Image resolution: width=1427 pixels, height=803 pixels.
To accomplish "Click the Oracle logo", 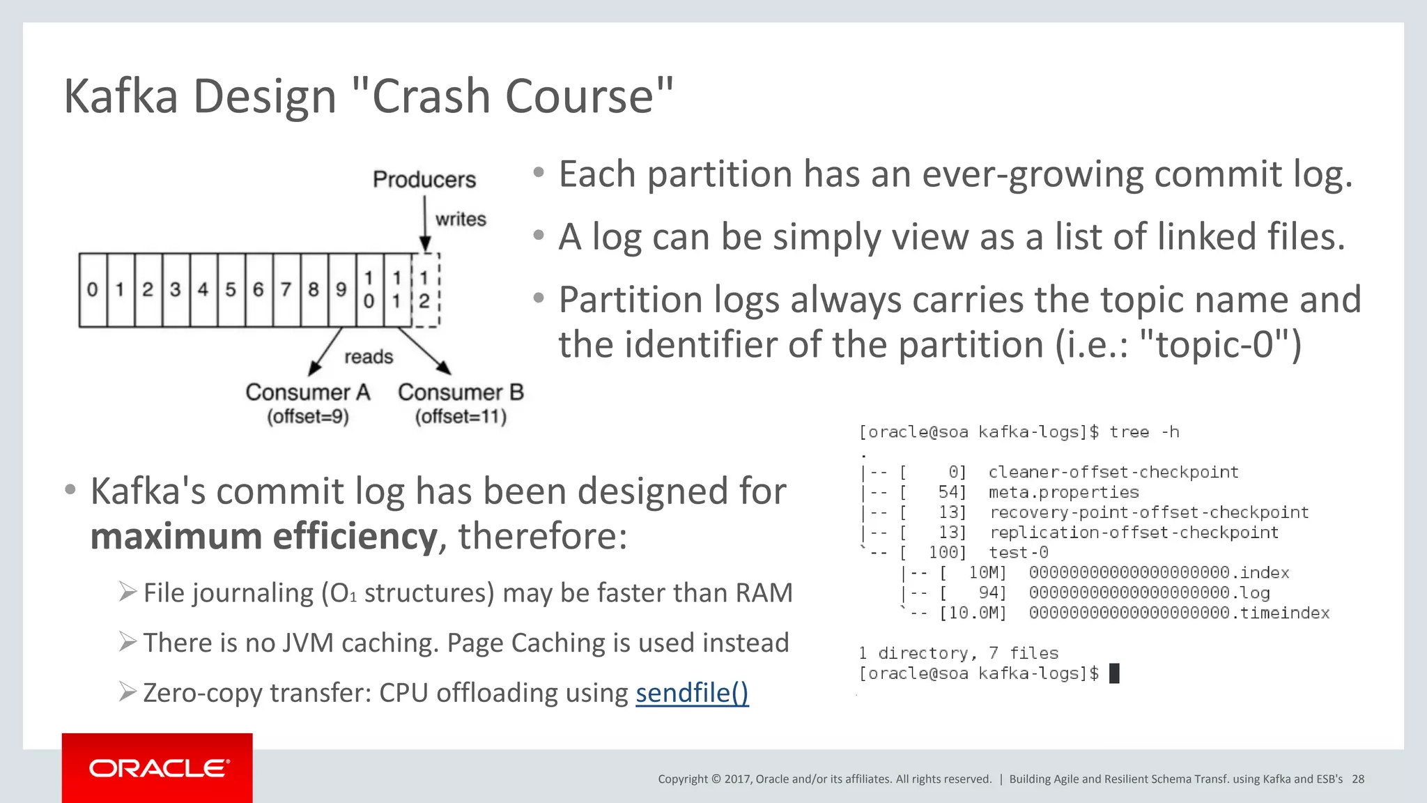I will click(x=157, y=768).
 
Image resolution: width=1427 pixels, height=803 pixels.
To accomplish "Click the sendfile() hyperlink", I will click(x=692, y=693).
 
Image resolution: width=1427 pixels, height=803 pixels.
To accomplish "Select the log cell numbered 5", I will click(x=231, y=289).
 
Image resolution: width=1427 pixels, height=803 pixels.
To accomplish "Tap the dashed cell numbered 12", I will click(x=425, y=290).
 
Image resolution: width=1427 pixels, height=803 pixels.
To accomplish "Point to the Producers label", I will click(x=424, y=180).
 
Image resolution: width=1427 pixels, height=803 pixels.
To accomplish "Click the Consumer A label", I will click(x=307, y=392).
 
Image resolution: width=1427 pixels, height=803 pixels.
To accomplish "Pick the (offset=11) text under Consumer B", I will click(x=461, y=417).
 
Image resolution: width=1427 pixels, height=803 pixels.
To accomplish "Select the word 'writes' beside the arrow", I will click(x=461, y=219).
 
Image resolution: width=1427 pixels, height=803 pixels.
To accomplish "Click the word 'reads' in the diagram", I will click(x=369, y=357).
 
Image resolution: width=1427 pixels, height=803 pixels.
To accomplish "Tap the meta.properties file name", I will click(x=1063, y=492).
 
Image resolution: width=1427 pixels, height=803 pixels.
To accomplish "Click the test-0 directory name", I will click(x=1018, y=553).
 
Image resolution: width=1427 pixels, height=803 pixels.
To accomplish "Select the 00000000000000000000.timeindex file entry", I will click(x=1179, y=613).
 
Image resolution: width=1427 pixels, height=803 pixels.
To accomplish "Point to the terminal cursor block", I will click(x=1114, y=673).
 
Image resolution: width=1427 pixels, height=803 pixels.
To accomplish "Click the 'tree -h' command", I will click(x=1144, y=432).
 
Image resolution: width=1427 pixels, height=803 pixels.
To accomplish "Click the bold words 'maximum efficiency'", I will click(x=263, y=537).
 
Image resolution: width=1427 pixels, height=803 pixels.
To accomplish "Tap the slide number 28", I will click(x=1358, y=779).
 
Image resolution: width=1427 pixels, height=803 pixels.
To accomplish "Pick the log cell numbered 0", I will click(x=93, y=289).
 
